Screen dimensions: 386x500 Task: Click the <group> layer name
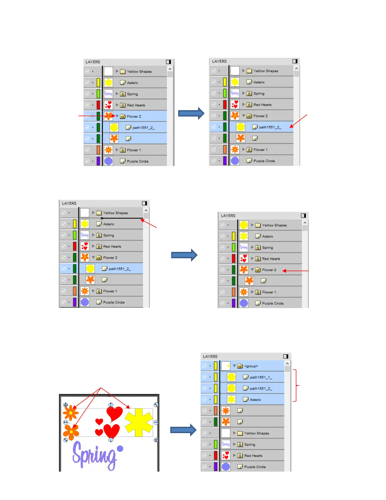[251, 366]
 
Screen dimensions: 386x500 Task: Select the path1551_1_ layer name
[261, 377]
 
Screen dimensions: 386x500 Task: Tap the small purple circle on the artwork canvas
[120, 449]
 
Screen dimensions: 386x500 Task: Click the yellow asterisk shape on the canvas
[138, 422]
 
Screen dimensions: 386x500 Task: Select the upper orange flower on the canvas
[71, 413]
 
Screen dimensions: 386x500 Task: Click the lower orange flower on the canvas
[71, 432]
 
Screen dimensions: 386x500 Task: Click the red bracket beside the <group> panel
[295, 385]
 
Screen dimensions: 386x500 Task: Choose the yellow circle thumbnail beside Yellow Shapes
[243, 225]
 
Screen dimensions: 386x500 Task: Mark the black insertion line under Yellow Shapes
[121, 218]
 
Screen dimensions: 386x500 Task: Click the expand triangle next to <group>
[234, 366]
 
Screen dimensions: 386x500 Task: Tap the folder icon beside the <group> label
[240, 366]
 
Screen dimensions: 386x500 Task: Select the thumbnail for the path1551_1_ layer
[231, 377]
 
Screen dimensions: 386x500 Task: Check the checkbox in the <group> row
[204, 366]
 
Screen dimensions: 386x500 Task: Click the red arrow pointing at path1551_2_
[298, 121]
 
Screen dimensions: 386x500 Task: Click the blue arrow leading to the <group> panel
[183, 430]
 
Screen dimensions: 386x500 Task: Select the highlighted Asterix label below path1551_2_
[255, 400]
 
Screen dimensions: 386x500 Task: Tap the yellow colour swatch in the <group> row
[216, 366]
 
